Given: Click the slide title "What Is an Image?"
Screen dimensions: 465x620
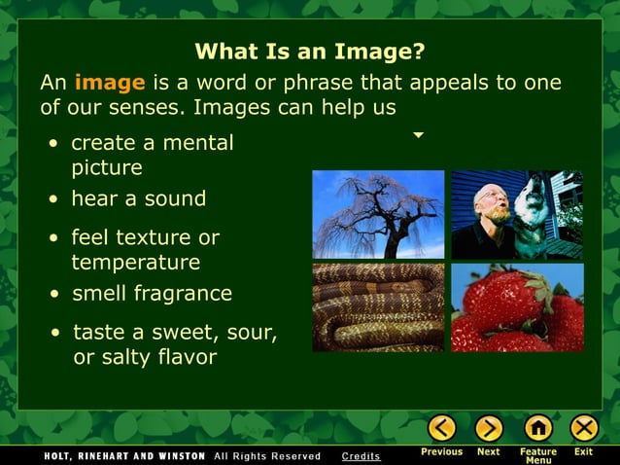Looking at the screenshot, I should click(310, 51).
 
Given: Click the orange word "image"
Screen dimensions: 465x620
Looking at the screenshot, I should click(110, 83).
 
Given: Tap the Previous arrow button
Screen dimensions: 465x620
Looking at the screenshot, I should click(442, 428).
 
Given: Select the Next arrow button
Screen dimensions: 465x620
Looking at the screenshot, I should click(489, 428).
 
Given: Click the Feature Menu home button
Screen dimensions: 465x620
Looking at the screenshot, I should click(537, 428).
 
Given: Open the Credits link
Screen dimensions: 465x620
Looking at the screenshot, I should click(362, 455).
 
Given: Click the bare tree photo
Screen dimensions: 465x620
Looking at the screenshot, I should click(378, 214).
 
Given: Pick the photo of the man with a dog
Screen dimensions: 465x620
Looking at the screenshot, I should click(517, 214).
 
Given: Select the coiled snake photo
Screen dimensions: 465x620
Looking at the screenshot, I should click(378, 307).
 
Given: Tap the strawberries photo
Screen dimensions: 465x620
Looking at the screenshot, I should click(517, 307).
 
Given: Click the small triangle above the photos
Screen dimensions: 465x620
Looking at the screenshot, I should click(419, 135).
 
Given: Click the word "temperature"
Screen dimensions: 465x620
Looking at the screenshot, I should click(135, 263).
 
